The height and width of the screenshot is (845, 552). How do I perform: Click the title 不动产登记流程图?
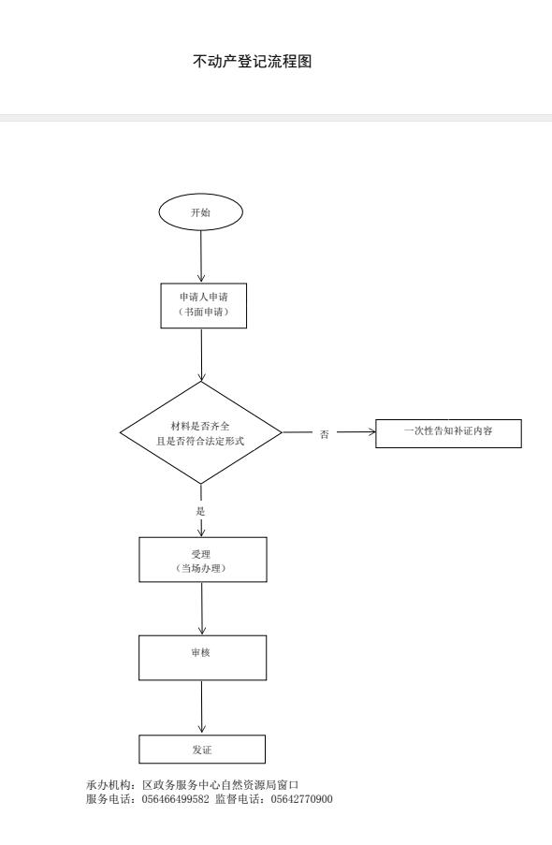click(253, 62)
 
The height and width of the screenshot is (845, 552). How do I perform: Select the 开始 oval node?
click(200, 212)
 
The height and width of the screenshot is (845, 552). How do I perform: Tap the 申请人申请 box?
click(204, 306)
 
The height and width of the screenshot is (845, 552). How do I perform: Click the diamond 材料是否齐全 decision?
click(201, 432)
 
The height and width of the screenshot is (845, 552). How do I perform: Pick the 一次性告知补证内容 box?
click(448, 433)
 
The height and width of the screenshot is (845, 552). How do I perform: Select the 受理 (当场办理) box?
click(203, 560)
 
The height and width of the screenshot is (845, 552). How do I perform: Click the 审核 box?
click(203, 658)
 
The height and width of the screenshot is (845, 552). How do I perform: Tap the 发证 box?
click(202, 749)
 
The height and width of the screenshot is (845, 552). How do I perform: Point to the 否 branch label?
click(324, 434)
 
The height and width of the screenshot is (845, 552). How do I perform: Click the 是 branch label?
click(201, 511)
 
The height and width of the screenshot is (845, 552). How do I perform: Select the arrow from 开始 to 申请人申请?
click(201, 256)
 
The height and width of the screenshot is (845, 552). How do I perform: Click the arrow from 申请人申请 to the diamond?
click(201, 356)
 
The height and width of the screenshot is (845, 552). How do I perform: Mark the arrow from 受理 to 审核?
click(202, 608)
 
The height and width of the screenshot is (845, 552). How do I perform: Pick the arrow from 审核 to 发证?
click(202, 707)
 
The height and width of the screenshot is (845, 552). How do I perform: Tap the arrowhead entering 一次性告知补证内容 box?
click(372, 431)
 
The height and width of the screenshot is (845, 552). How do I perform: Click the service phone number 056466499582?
click(175, 799)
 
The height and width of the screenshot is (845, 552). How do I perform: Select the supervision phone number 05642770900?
click(301, 799)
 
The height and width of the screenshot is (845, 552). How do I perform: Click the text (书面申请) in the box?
click(203, 312)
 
